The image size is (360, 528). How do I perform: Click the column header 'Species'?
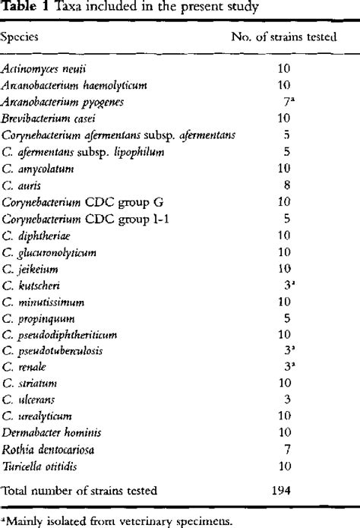point(22,36)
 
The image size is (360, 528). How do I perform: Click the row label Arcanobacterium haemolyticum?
point(63,84)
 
